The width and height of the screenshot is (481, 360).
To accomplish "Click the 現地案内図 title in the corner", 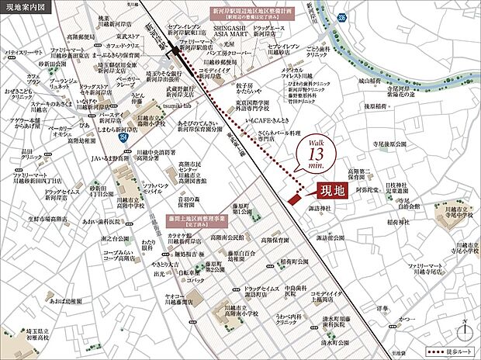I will (24, 9).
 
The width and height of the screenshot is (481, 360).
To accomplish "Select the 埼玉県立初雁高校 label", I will (39, 335).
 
